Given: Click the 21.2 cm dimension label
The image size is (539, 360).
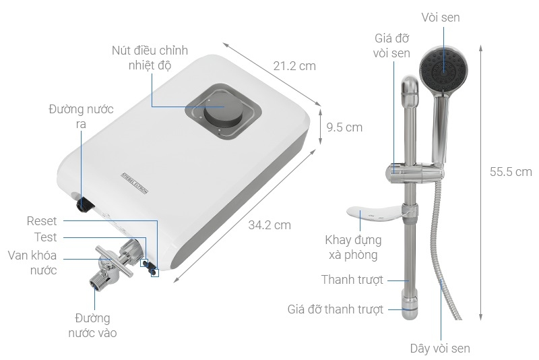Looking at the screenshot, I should (294, 66).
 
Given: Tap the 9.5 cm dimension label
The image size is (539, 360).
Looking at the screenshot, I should (344, 127).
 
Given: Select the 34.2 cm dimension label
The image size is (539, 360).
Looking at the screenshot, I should (269, 225).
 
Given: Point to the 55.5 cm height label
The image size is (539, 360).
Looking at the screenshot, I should (511, 172).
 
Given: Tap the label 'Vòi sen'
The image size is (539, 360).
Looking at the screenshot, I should (441, 18).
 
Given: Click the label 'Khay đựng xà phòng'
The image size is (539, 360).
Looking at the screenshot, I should (353, 247).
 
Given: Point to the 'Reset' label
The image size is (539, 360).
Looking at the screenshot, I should (42, 221).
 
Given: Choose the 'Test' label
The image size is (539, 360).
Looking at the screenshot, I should (46, 237).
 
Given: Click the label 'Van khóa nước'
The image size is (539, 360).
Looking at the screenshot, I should (32, 262).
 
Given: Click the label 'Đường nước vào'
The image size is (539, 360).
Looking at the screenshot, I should (92, 325).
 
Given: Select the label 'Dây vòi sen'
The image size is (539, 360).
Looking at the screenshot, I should (440, 349).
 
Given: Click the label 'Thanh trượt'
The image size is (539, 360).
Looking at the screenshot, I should (352, 279).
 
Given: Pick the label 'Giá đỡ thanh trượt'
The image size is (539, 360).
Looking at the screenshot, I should (335, 309).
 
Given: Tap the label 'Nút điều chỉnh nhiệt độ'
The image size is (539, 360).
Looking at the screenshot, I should (150, 59).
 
